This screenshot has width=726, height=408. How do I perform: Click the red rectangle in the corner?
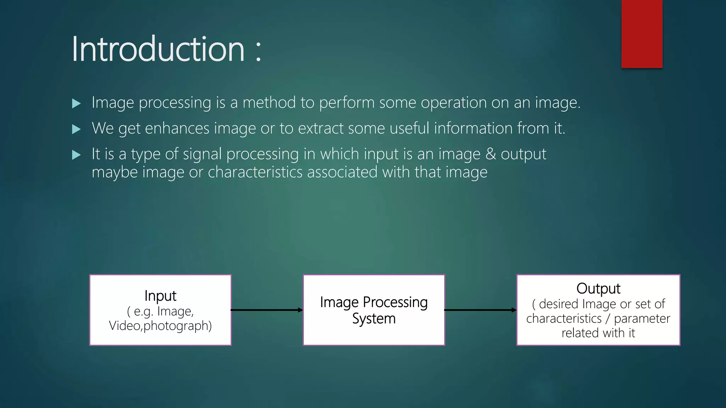(642, 34)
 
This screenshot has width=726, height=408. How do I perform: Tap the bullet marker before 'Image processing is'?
(76, 103)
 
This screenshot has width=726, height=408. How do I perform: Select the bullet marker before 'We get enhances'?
(76, 129)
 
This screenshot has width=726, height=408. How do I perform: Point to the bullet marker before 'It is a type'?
(76, 155)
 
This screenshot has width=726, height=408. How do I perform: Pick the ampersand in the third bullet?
(491, 154)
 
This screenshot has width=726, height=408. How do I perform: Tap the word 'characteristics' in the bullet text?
(255, 172)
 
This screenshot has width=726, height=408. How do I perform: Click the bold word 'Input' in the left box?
(160, 296)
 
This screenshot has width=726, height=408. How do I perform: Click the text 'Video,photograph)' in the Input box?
(160, 325)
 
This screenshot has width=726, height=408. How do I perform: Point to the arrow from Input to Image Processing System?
(267, 310)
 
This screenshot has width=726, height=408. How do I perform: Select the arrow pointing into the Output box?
(480, 310)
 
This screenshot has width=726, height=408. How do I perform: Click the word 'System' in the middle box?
(374, 319)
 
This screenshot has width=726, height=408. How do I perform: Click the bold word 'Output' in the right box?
(598, 288)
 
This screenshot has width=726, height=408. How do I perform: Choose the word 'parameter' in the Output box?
(642, 318)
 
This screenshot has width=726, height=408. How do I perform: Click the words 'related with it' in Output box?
(598, 333)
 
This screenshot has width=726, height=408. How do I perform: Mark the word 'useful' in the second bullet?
(409, 128)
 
